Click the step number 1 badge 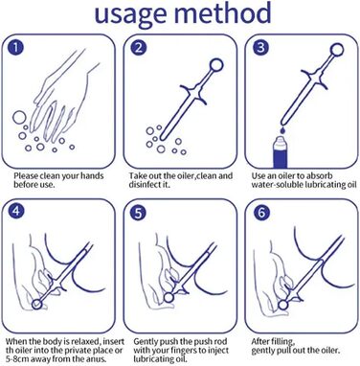(15, 48)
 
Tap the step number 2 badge (139, 48)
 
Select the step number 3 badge (260, 47)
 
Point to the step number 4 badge (16, 212)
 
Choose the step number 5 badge (138, 213)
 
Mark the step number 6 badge (261, 213)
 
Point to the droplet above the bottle (282, 130)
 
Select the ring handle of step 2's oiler (216, 65)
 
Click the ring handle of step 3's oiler (337, 50)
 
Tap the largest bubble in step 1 (18, 117)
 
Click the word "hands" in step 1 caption (92, 176)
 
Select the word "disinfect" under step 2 (145, 185)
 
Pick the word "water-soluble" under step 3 (277, 185)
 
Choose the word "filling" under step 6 (282, 342)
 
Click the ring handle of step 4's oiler (37, 304)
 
